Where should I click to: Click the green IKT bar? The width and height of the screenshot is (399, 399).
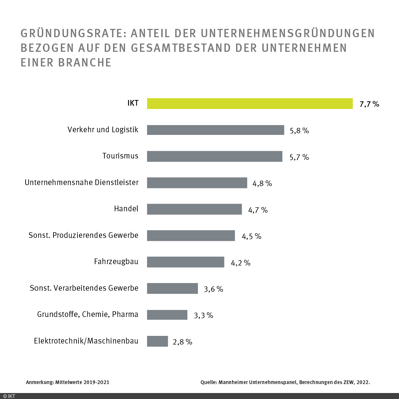tap(250, 104)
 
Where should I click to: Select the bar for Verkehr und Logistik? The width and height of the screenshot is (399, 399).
tap(215, 130)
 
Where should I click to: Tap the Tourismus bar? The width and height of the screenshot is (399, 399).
tap(214, 156)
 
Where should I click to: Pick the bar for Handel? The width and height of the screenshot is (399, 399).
tap(194, 209)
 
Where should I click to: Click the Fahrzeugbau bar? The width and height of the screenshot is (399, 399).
tap(186, 262)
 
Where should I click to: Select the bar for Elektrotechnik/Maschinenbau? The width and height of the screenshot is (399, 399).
tap(157, 341)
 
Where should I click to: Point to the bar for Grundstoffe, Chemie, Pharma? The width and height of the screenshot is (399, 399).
tap(167, 315)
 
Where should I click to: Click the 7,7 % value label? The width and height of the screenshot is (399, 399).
tap(369, 104)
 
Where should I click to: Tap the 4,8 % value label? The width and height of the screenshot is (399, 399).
tap(262, 183)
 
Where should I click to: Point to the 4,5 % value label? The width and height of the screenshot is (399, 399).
tap(251, 237)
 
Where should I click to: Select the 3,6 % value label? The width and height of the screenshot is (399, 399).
tap(213, 289)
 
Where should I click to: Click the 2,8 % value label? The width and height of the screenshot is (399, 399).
tap(182, 342)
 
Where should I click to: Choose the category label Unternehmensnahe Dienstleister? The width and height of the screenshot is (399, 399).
tap(81, 182)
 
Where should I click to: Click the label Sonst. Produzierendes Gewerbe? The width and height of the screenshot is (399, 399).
tap(83, 235)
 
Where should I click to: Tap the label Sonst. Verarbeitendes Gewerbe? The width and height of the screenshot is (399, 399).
tap(84, 288)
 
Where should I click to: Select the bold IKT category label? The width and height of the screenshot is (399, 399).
tap(133, 103)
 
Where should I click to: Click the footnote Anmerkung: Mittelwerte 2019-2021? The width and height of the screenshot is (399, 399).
tap(67, 382)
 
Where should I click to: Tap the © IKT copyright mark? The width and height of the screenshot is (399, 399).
tap(9, 396)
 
